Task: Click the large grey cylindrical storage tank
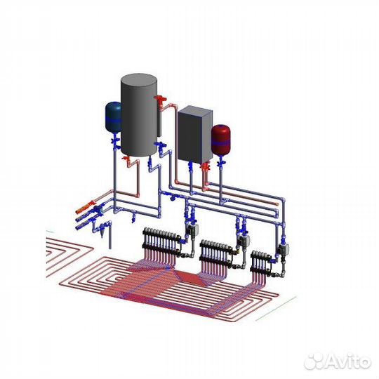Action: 139,115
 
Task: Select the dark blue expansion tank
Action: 113,117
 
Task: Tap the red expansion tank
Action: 221,138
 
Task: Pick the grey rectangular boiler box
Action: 195,134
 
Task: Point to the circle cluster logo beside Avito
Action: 314,361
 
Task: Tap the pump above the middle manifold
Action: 244,240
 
